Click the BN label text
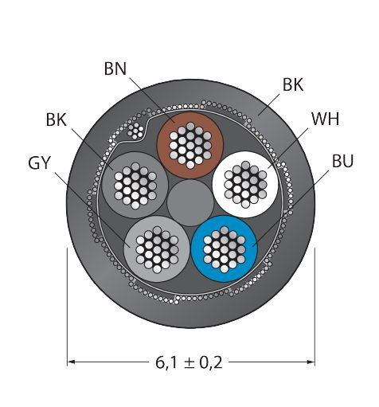coord(115,68)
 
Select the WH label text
coord(326,119)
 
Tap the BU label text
coord(342,161)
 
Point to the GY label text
coord(39,162)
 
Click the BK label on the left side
coord(56,119)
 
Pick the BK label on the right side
coord(293,85)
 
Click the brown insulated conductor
coord(190,145)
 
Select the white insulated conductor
coord(245,185)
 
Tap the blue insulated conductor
coord(225,249)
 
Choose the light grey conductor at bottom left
coord(157,249)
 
